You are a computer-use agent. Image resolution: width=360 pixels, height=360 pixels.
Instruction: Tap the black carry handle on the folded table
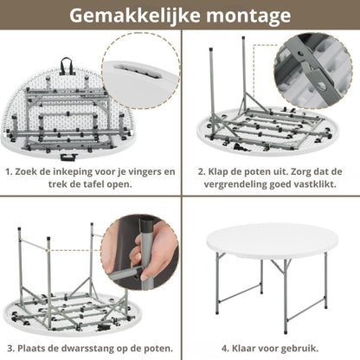point(65,64)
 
